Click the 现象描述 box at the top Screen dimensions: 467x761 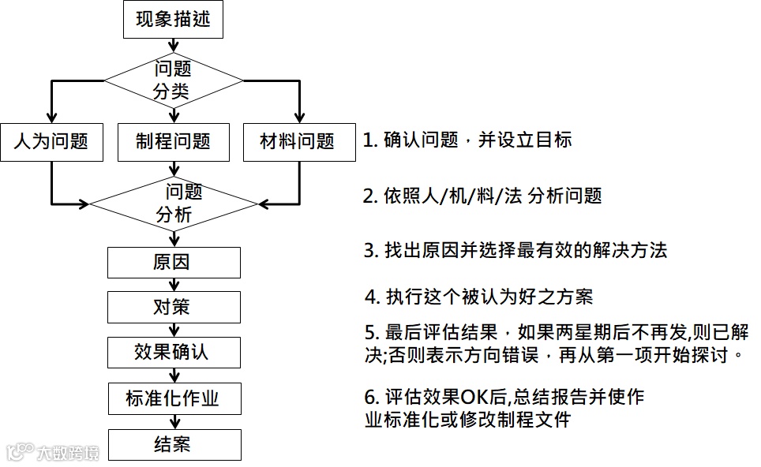[174, 19]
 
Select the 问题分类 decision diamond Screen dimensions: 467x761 [174, 80]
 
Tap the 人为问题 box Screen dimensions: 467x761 [51, 142]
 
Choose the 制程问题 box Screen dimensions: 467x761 [174, 142]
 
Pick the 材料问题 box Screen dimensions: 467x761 [298, 142]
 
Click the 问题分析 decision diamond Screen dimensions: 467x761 [174, 203]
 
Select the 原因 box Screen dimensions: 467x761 [174, 262]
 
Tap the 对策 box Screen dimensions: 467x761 [174, 307]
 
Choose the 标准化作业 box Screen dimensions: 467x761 [174, 398]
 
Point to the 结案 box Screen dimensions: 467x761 [174, 444]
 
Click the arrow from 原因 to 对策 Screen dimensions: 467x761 [174, 285]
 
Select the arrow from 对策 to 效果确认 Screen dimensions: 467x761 [174, 330]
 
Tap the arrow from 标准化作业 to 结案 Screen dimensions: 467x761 [174, 422]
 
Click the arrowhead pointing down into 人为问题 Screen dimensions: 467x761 [51, 117]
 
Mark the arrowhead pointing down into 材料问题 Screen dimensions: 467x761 [299, 117]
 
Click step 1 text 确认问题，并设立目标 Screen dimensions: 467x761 [467, 140]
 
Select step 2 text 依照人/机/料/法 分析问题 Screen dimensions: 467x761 [482, 195]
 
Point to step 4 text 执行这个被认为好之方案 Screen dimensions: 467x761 [478, 297]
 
